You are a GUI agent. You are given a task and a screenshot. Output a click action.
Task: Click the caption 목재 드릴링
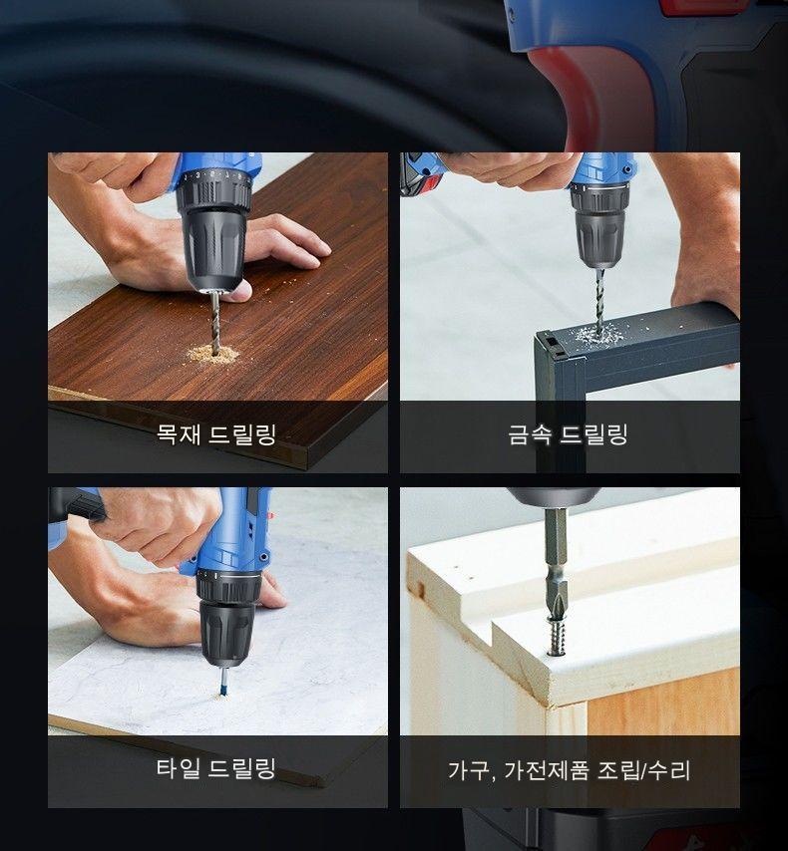pyautogui.click(x=216, y=434)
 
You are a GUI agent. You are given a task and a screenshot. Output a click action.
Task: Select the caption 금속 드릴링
pyautogui.click(x=568, y=434)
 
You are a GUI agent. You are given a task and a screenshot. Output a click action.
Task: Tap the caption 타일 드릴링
pyautogui.click(x=216, y=768)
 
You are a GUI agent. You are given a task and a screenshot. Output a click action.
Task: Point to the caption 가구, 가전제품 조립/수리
pyautogui.click(x=569, y=769)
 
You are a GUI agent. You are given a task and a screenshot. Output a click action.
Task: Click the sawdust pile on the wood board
pyautogui.click(x=213, y=355)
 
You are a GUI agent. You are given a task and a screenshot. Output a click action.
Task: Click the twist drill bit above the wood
pyautogui.click(x=215, y=322)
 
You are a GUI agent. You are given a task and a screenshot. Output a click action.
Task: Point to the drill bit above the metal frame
pyautogui.click(x=599, y=301)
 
